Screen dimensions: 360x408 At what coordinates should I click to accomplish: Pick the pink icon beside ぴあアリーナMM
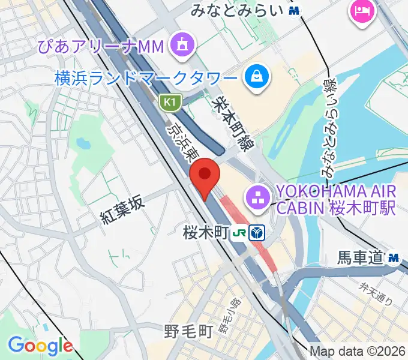180,46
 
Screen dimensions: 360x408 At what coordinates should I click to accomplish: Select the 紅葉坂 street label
123,211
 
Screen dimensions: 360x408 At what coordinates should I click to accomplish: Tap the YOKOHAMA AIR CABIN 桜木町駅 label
335,200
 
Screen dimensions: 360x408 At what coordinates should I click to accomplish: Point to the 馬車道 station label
359,258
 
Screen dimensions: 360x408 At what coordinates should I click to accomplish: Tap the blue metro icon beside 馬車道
394,258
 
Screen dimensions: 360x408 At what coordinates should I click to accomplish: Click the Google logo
40,346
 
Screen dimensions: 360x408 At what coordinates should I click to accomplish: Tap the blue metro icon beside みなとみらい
293,10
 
